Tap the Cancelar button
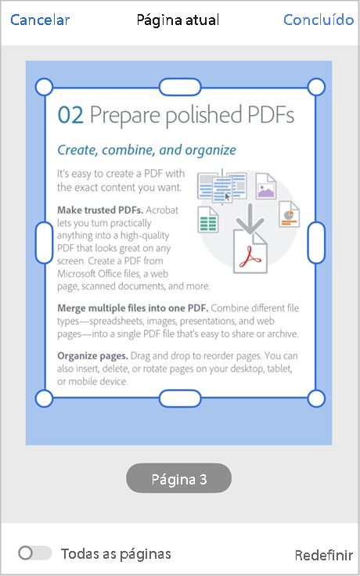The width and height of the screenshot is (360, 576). pos(40,20)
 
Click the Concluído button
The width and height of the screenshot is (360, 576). pos(319,20)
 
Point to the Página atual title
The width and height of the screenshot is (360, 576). pos(178,20)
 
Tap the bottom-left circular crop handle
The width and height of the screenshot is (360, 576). pos(45,398)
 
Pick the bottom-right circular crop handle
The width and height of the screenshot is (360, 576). pos(316,398)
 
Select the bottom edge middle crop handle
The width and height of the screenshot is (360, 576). pos(180,398)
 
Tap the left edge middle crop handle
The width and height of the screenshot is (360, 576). pos(45,242)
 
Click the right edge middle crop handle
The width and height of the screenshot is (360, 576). pos(316,242)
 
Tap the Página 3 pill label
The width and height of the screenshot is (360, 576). pos(179,478)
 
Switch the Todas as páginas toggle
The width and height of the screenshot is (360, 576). pos(34,553)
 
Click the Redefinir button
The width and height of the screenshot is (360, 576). pos(324,555)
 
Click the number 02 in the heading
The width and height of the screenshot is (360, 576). pos(70,116)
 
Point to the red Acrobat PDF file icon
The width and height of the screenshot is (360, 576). pos(250,252)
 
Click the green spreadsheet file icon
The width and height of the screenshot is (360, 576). pos(207,218)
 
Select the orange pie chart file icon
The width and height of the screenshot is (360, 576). pos(289,214)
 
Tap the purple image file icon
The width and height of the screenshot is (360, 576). pos(266,186)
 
